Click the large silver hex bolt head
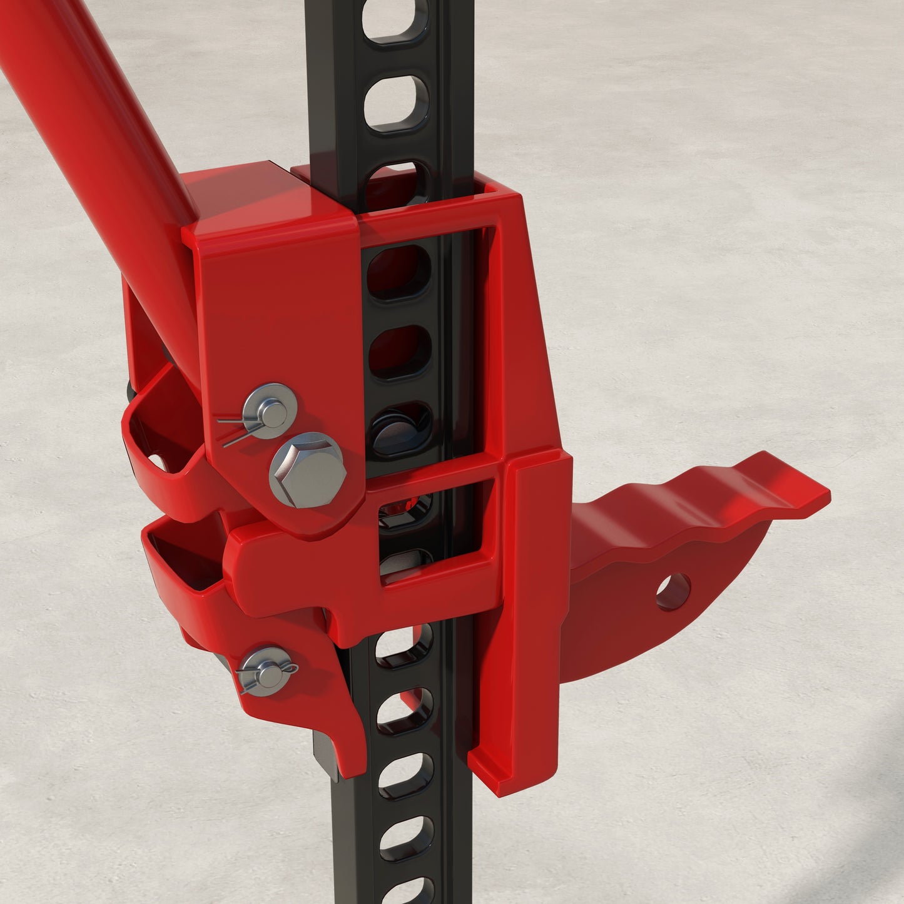[x=307, y=470]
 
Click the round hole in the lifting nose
[x=674, y=591]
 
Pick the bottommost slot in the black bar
[x=410, y=891]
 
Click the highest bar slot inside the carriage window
[x=399, y=272]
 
